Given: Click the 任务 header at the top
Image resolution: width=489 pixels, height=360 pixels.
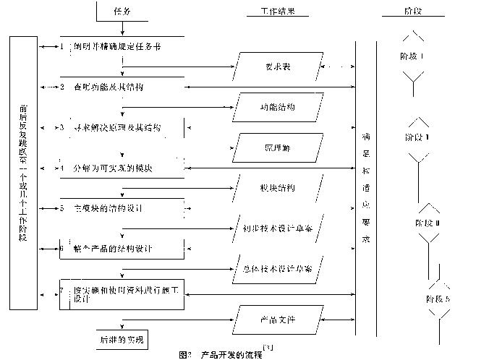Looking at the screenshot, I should pos(122,12).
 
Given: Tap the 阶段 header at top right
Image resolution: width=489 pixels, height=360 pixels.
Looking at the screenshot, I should pos(413,12).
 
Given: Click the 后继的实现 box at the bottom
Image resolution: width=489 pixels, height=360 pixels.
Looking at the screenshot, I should pos(121,338).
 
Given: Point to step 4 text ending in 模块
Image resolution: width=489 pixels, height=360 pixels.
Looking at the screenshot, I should pos(121,168).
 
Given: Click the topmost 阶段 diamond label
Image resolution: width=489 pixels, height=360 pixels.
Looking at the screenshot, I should pos(413,55).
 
